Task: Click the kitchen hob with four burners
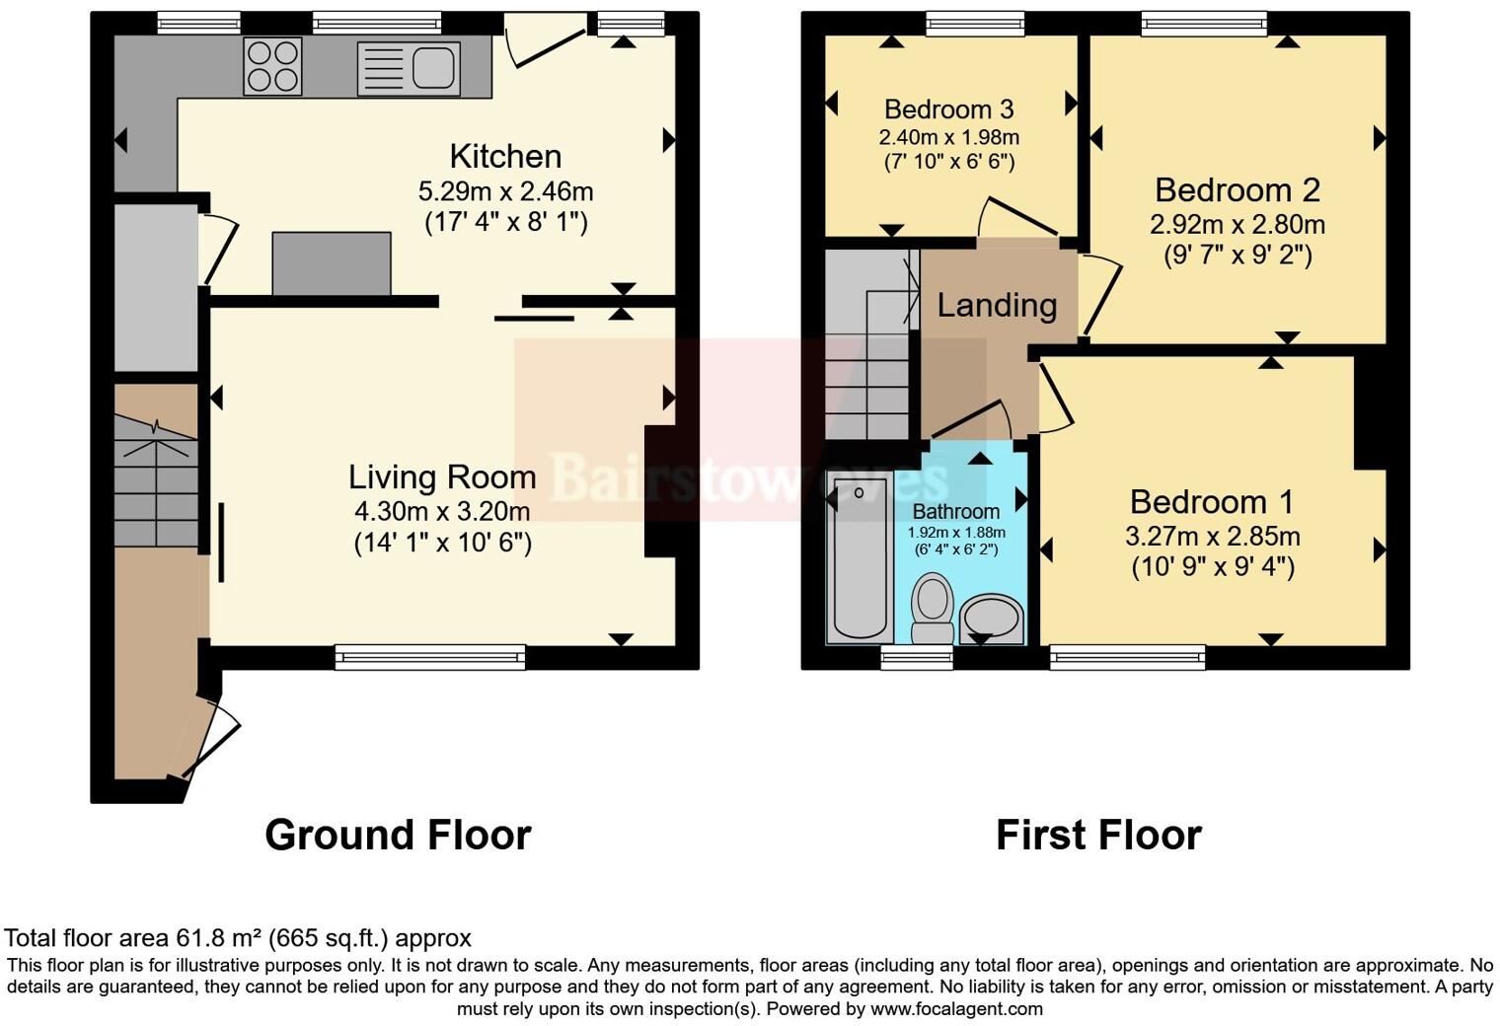[272, 65]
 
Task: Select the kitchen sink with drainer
[408, 68]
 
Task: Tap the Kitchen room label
[505, 156]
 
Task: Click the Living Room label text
[442, 477]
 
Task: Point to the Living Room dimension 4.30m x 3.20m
[442, 511]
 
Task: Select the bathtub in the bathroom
[861, 557]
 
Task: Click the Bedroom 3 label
[949, 109]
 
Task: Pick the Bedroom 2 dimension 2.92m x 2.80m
[1237, 225]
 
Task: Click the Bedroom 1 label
[1211, 502]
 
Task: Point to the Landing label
[997, 306]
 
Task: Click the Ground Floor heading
[398, 835]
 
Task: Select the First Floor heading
[1098, 835]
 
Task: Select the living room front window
[429, 657]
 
